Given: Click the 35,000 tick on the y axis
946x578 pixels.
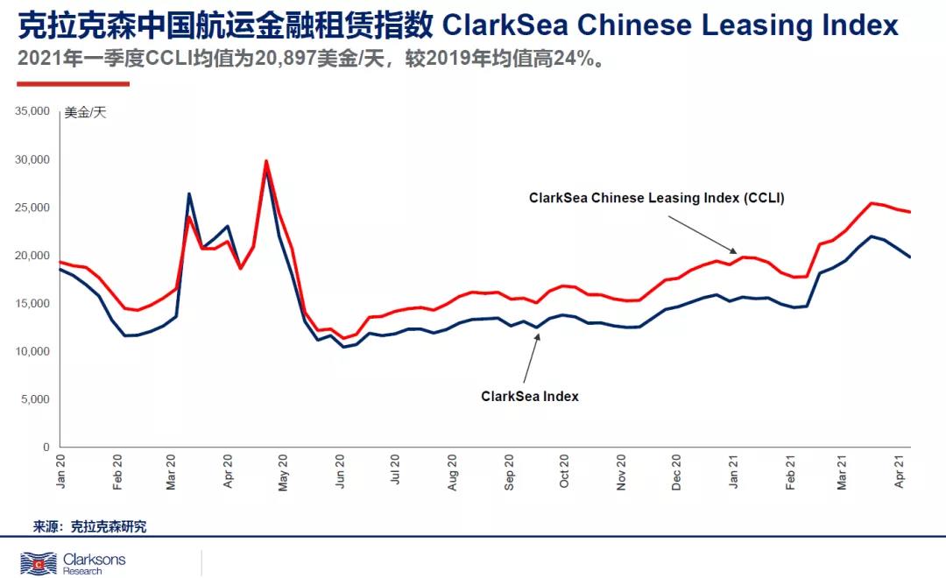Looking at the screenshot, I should pos(32,112).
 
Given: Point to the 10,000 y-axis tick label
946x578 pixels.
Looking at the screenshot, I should pos(32,351).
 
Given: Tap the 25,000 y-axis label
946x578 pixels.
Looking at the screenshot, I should pos(32,208).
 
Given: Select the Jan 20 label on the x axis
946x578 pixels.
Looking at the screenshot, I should pos(61,470).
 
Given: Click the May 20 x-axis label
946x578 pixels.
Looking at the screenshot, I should pos(284,470).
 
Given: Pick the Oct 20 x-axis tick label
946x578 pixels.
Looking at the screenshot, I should pos(565,470).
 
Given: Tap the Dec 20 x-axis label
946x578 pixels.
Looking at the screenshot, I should pos(677,470).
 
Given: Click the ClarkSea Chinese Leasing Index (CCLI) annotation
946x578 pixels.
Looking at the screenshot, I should pos(656,198).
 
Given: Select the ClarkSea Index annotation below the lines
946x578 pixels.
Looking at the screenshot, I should pos(530,396).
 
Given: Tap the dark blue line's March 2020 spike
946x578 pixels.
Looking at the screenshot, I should pos(189,194).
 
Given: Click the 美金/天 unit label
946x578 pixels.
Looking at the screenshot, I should pos(85,113).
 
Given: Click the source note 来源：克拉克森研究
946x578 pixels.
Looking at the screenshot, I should pos(90,526).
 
